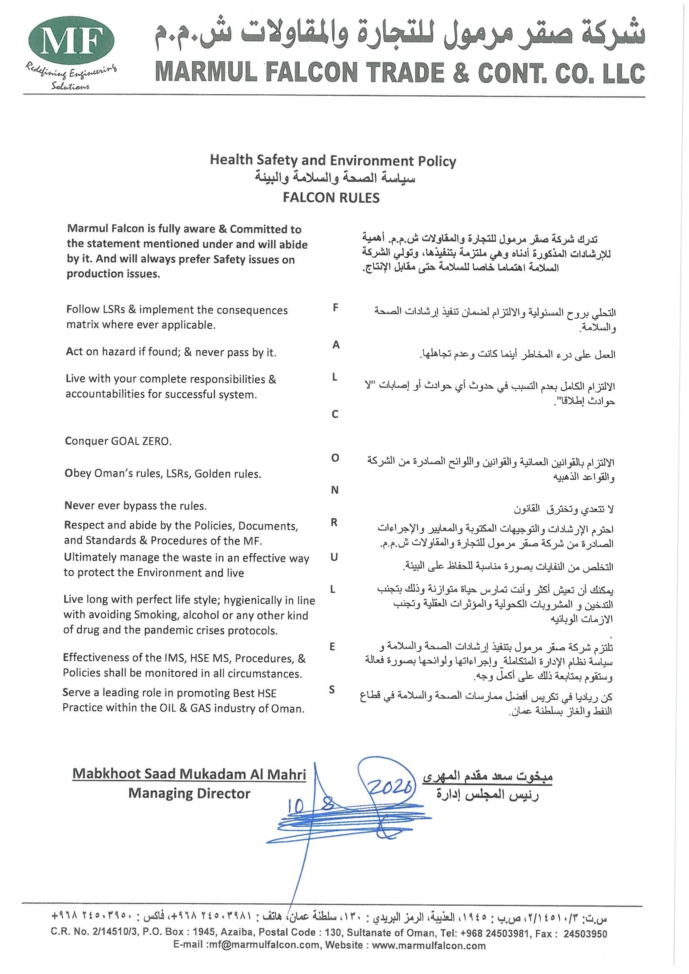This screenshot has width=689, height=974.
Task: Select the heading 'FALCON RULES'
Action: pyautogui.click(x=331, y=198)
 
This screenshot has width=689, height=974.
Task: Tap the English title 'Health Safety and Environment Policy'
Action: pyautogui.click(x=333, y=160)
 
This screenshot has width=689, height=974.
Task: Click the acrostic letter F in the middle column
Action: pyautogui.click(x=336, y=308)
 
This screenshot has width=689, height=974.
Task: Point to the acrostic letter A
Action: pyautogui.click(x=336, y=345)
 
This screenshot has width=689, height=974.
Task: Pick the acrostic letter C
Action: pyautogui.click(x=335, y=415)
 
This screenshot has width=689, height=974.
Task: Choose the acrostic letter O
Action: pyautogui.click(x=335, y=458)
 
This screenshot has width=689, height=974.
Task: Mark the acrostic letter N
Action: pyautogui.click(x=335, y=490)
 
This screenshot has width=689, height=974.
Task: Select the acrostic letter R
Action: pyautogui.click(x=335, y=523)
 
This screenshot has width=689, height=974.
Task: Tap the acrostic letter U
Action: pyautogui.click(x=334, y=557)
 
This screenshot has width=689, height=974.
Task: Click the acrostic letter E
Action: pyautogui.click(x=332, y=647)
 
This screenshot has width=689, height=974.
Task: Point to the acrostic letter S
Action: pyautogui.click(x=332, y=690)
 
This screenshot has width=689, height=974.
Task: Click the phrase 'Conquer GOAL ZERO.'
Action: pyautogui.click(x=118, y=441)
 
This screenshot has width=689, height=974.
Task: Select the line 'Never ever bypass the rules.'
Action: pyautogui.click(x=135, y=506)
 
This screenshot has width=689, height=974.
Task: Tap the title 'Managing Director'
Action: pyautogui.click(x=189, y=793)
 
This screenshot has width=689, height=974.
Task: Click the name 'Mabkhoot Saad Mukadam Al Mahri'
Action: pyautogui.click(x=189, y=774)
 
